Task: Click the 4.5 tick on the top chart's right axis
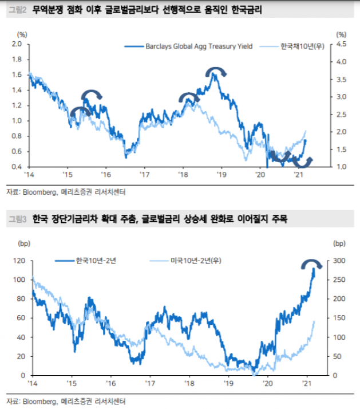(341, 44)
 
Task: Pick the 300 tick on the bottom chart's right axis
(339, 261)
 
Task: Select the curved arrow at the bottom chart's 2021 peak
(312, 264)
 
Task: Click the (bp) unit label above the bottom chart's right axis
(339, 243)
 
